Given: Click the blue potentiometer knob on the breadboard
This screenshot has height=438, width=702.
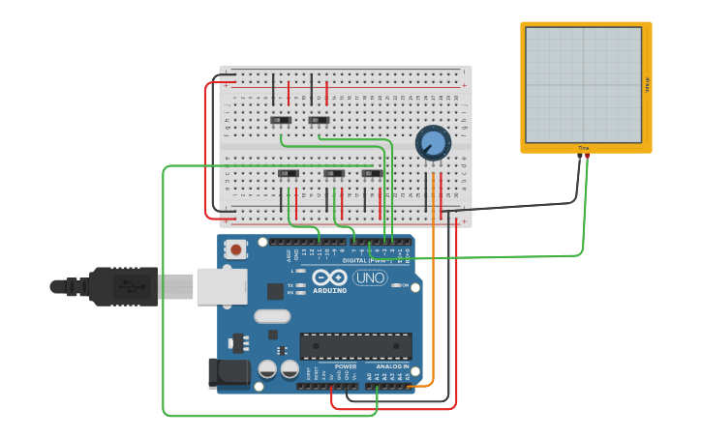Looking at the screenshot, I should [433, 144].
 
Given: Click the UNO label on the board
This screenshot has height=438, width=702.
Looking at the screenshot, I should [369, 277].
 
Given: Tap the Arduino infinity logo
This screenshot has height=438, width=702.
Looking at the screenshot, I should [329, 277].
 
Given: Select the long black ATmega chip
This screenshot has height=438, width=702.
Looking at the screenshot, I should [355, 346].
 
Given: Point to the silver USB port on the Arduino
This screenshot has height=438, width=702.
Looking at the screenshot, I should [222, 286].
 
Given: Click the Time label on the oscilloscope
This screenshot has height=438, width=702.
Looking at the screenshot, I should [583, 148].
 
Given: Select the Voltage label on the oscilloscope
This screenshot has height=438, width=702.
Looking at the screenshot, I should [647, 84].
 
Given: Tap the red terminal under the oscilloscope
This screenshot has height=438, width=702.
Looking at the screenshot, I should [587, 155].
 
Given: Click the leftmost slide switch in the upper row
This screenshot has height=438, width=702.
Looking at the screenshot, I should [281, 121].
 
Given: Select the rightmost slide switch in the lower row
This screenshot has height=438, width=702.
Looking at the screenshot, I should [372, 174].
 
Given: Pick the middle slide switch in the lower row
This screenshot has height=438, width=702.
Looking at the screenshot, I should [334, 174].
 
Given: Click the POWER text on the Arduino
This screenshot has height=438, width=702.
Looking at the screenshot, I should [346, 366].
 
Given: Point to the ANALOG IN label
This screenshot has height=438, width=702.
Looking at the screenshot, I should [392, 366].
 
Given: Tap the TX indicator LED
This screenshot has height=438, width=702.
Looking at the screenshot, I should [301, 285].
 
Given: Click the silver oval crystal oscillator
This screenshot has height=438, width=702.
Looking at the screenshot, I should [272, 316].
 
